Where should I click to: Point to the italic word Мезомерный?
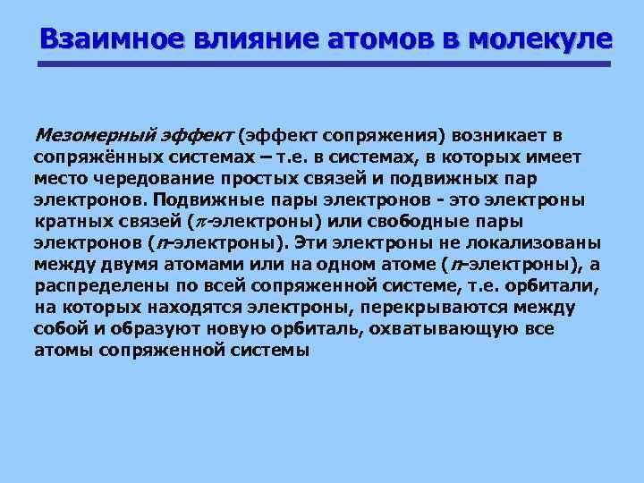tap(84, 136)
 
